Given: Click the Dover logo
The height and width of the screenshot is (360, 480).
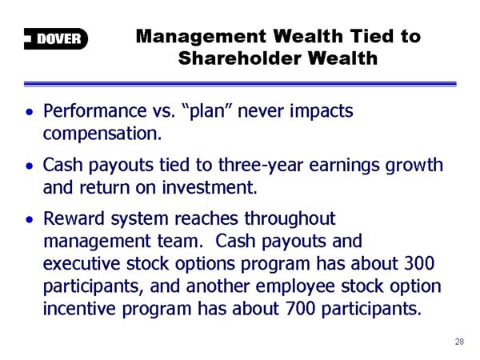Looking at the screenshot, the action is coord(56,38).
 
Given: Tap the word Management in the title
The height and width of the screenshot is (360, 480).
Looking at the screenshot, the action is coord(201,37).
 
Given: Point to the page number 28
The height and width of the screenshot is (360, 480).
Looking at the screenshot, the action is coord(459,342).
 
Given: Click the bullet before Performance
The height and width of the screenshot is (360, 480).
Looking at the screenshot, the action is coord(30,112).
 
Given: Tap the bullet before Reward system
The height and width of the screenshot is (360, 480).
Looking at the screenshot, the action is coord(30,220).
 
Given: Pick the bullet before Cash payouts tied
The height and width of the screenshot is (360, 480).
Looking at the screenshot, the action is coord(30,166).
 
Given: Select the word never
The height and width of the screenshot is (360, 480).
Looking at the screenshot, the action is coord(261,111).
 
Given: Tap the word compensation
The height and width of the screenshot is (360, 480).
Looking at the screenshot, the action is coord(102,134).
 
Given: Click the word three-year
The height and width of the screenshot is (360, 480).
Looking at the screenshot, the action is coord(261,166).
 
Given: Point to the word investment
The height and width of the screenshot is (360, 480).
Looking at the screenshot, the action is coord(210,187).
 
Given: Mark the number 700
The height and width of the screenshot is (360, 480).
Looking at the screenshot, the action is coord(300,308).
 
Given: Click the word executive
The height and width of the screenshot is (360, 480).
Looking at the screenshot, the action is coord(82,264).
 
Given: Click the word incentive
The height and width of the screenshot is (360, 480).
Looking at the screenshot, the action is coord(79,309).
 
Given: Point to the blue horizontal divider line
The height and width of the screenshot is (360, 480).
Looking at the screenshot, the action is coord(240,84).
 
